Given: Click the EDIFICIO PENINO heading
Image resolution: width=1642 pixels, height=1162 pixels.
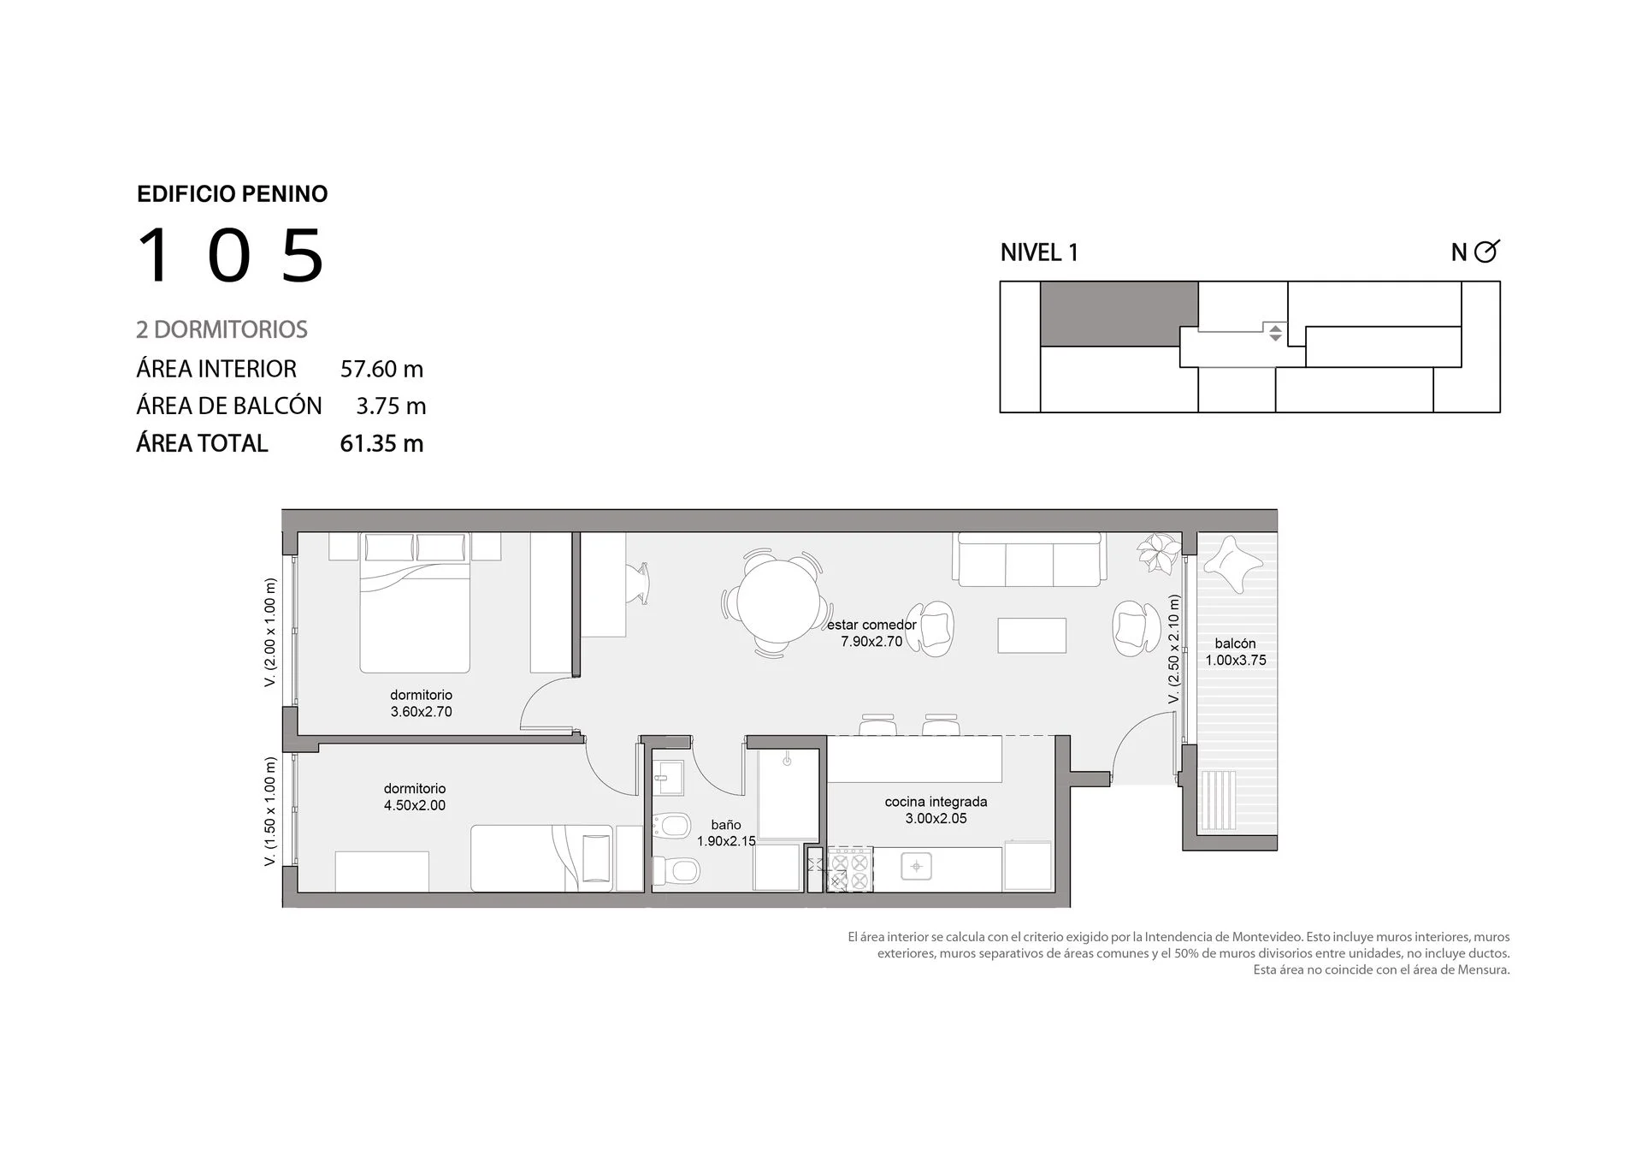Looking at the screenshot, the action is tap(233, 194).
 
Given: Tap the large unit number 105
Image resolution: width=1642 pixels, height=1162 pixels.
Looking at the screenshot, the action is tap(231, 255).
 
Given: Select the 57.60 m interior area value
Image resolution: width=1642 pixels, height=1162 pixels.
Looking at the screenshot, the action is tap(381, 369).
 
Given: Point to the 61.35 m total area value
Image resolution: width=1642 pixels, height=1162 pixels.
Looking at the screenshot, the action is tap(381, 443).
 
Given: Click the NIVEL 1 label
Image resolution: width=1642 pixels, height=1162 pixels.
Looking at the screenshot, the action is tap(1039, 252).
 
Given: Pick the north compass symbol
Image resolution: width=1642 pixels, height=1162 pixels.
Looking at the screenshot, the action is tap(1486, 251).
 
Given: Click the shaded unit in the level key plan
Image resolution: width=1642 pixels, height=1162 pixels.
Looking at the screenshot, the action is tap(1119, 314).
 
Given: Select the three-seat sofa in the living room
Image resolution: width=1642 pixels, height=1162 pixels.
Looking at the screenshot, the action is tap(1030, 560).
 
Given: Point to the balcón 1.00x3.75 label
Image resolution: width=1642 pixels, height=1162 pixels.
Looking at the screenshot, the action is tap(1236, 651).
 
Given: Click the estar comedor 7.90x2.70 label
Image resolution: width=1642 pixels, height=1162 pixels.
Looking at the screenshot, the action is tap(871, 633).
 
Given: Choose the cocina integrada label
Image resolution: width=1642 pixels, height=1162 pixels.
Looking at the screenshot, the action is tap(936, 802).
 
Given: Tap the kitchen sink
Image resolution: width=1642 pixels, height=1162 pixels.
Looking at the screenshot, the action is tap(917, 867).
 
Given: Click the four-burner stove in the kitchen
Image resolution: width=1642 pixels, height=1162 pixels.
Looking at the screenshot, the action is tap(849, 869).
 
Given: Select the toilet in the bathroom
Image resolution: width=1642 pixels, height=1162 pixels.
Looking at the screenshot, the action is tap(676, 872).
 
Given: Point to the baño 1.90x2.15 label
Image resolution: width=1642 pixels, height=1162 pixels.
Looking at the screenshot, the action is tap(726, 833).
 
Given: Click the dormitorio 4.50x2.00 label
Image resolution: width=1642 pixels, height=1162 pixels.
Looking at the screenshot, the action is tap(415, 797).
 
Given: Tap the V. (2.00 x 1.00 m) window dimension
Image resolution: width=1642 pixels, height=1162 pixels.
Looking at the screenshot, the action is tap(270, 632).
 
